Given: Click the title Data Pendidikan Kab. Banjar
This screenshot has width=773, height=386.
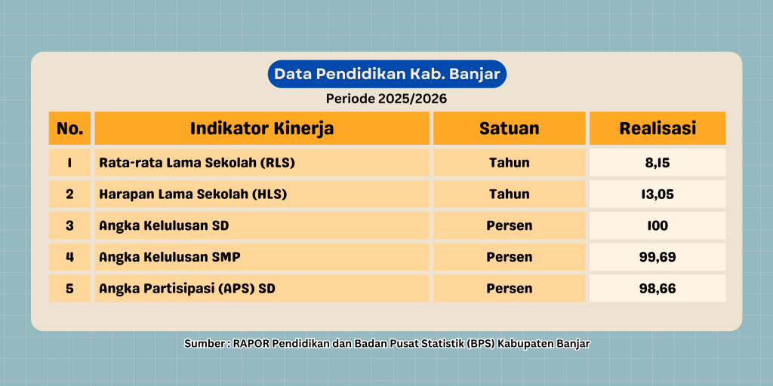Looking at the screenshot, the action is coord(387,75).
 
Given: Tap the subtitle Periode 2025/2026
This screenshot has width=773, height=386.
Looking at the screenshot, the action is coord(386,99).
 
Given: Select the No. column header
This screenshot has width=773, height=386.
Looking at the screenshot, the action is coord(69,128).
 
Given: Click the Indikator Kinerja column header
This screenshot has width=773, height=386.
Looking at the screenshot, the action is coord(262,128).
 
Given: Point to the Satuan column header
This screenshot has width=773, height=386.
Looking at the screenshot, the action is coord(510,128).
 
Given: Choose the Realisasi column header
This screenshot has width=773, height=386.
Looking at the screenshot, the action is coord(658,128).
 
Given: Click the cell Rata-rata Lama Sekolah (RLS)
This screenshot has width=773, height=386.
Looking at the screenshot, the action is coord(262,163).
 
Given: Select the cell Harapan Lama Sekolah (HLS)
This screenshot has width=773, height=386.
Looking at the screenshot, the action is coord(262,194).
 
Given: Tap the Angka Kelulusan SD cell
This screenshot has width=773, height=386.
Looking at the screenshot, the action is coord(262,225).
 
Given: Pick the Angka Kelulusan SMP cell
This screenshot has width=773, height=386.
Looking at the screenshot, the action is coord(262,257).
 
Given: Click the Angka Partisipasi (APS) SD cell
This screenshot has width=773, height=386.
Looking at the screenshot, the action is coord(262,289).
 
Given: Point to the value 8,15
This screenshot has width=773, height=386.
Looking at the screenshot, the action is coord(658,163).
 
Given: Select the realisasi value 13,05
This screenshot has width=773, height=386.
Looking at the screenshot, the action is coord(658,194).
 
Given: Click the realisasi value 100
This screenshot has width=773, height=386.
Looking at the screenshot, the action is coord(658,225).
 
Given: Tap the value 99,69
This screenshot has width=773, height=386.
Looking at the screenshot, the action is coord(658,257).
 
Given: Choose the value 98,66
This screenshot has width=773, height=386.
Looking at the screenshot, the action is coord(658,289).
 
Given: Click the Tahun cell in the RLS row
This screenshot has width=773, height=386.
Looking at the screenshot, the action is coord(510,163).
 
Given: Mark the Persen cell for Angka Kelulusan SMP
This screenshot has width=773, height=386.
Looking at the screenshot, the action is coord(510,257).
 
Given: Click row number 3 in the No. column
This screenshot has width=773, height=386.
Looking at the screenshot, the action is coord(69,225).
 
